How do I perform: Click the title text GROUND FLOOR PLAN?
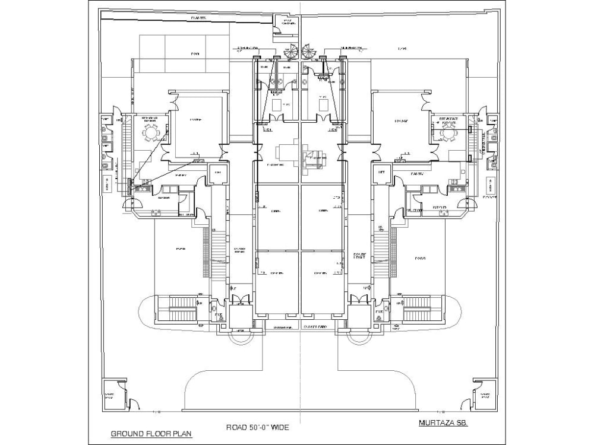pos(146,433)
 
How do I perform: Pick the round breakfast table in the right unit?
pos(447,135)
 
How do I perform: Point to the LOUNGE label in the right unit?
pos(402,122)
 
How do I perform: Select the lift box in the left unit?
pos(217,173)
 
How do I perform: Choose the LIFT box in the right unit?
pos(381,173)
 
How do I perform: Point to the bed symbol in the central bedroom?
pos(314,159)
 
